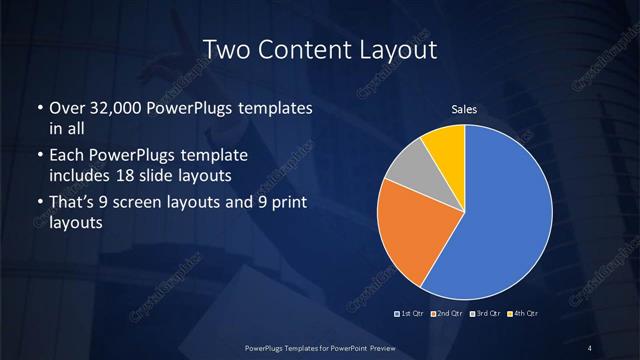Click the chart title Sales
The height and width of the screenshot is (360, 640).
coord(464,107)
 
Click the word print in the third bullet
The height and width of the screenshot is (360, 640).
coord(288,203)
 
